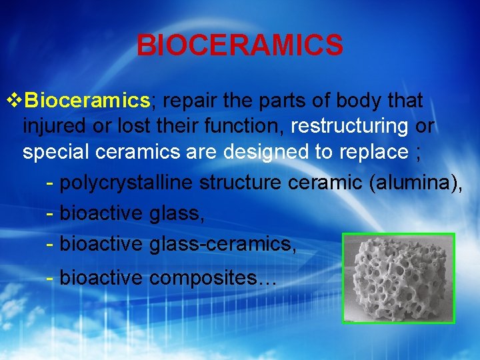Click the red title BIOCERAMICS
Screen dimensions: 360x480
click(x=240, y=45)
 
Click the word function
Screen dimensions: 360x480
click(x=247, y=126)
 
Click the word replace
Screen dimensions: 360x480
click(x=375, y=152)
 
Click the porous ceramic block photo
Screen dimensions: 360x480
click(x=398, y=278)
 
